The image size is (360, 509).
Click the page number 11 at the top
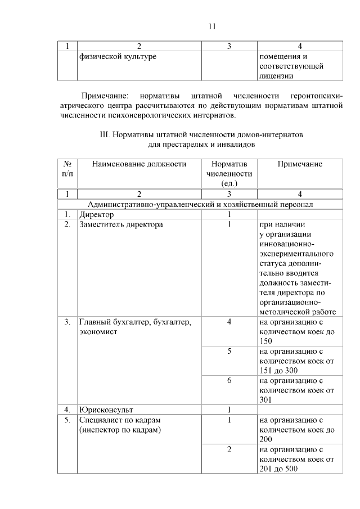212,26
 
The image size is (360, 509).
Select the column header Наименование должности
139,164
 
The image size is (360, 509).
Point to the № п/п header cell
67,169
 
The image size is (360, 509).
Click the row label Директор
97,214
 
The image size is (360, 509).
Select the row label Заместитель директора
121,224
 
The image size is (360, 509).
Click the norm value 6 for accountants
229,380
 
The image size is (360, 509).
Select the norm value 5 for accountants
229,351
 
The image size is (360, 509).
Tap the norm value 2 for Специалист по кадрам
229,449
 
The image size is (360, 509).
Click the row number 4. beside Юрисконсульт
67,409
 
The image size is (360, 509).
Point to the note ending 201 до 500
298,459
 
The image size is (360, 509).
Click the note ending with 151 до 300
298,361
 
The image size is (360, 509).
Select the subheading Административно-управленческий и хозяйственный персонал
200,204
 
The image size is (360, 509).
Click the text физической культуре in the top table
118,56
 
